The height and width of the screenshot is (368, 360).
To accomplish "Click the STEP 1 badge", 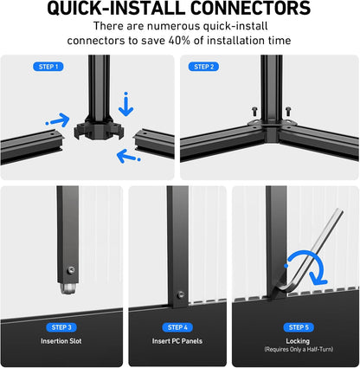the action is pyautogui.click(x=48, y=67).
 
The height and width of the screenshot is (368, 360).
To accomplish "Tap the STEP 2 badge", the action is pyautogui.click(x=203, y=67).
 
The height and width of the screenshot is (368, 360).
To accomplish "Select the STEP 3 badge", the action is pyautogui.click(x=61, y=327).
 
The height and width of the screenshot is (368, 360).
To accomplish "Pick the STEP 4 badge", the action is pyautogui.click(x=177, y=327).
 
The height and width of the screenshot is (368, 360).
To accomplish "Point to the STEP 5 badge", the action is pyautogui.click(x=299, y=327).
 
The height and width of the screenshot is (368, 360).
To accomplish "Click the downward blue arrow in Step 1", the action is pyautogui.click(x=126, y=105).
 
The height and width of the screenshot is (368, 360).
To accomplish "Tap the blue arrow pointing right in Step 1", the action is pyautogui.click(x=59, y=120).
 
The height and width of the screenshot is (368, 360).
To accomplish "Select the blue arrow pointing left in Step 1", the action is pyautogui.click(x=128, y=156).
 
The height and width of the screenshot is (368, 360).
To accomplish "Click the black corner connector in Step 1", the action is pyautogui.click(x=99, y=128).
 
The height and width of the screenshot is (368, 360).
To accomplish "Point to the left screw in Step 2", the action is pyautogui.click(x=254, y=111).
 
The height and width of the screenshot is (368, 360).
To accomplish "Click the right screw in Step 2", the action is pyautogui.click(x=288, y=111).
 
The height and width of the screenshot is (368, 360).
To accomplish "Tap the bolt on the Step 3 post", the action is pyautogui.click(x=71, y=270).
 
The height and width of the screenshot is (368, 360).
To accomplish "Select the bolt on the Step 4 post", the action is pyautogui.click(x=181, y=294).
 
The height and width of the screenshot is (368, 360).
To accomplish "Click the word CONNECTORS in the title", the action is pyautogui.click(x=251, y=9).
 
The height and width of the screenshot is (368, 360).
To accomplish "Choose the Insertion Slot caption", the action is pyautogui.click(x=61, y=341).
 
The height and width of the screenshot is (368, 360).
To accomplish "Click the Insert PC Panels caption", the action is pyautogui.click(x=177, y=341).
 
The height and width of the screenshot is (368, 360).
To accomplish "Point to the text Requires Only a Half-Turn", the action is pyautogui.click(x=299, y=349).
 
